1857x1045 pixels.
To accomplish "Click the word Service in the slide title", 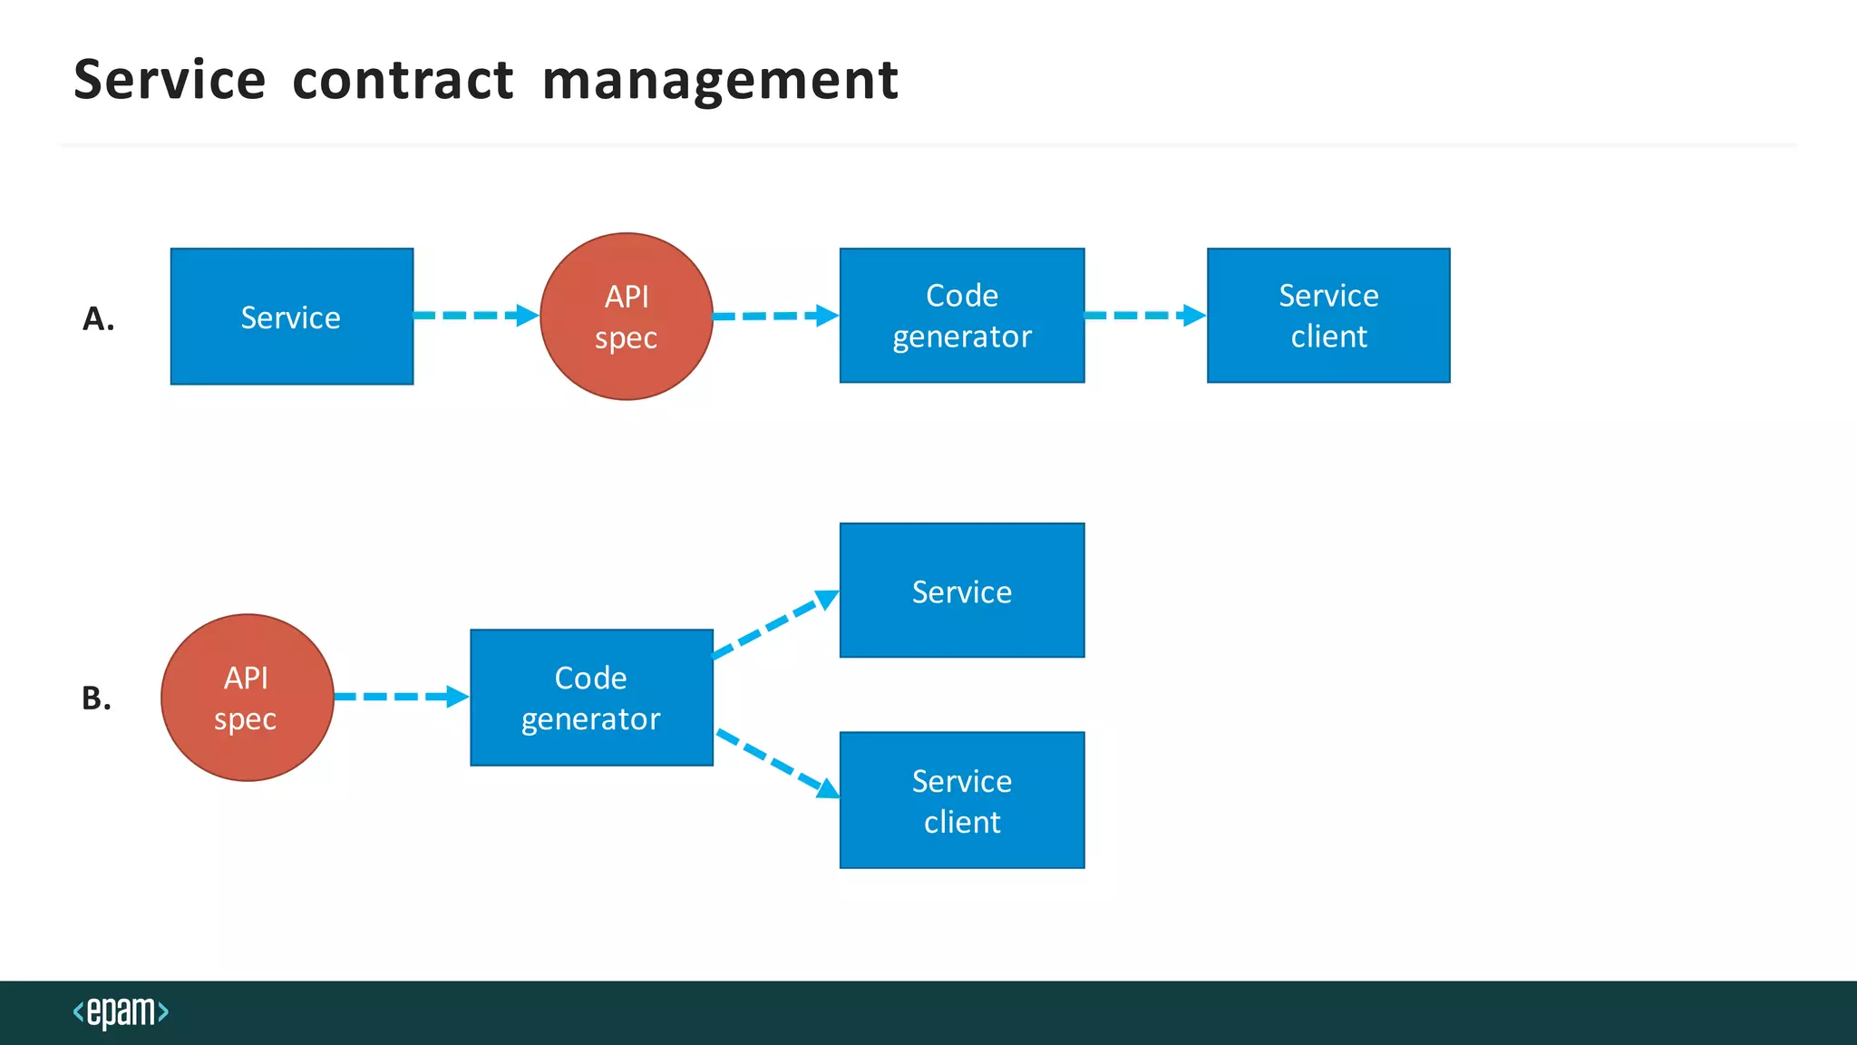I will (x=170, y=80).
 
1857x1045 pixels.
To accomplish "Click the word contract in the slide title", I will (x=403, y=80).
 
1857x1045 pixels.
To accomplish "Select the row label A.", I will (x=98, y=319).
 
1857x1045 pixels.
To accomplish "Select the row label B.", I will (x=96, y=698).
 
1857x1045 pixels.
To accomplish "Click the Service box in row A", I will (x=292, y=317).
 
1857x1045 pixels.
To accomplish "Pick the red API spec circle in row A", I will (x=627, y=317).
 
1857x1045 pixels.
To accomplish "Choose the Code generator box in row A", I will (x=962, y=316).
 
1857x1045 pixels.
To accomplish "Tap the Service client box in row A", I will (x=1328, y=316).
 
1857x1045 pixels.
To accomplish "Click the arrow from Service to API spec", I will (x=476, y=316).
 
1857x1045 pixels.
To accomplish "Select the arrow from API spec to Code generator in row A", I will (x=775, y=316).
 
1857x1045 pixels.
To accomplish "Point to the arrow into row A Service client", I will (x=1145, y=316).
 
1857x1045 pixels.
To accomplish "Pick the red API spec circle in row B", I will (x=248, y=698).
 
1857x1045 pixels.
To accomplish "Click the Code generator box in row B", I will (x=591, y=698).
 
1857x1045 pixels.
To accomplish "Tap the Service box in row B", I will (x=962, y=591).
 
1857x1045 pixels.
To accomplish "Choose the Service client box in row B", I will (x=962, y=800).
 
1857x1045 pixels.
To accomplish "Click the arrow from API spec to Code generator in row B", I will (x=402, y=697).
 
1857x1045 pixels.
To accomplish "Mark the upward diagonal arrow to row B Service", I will (x=776, y=623).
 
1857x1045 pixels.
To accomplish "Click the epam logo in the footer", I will (x=121, y=1012).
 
